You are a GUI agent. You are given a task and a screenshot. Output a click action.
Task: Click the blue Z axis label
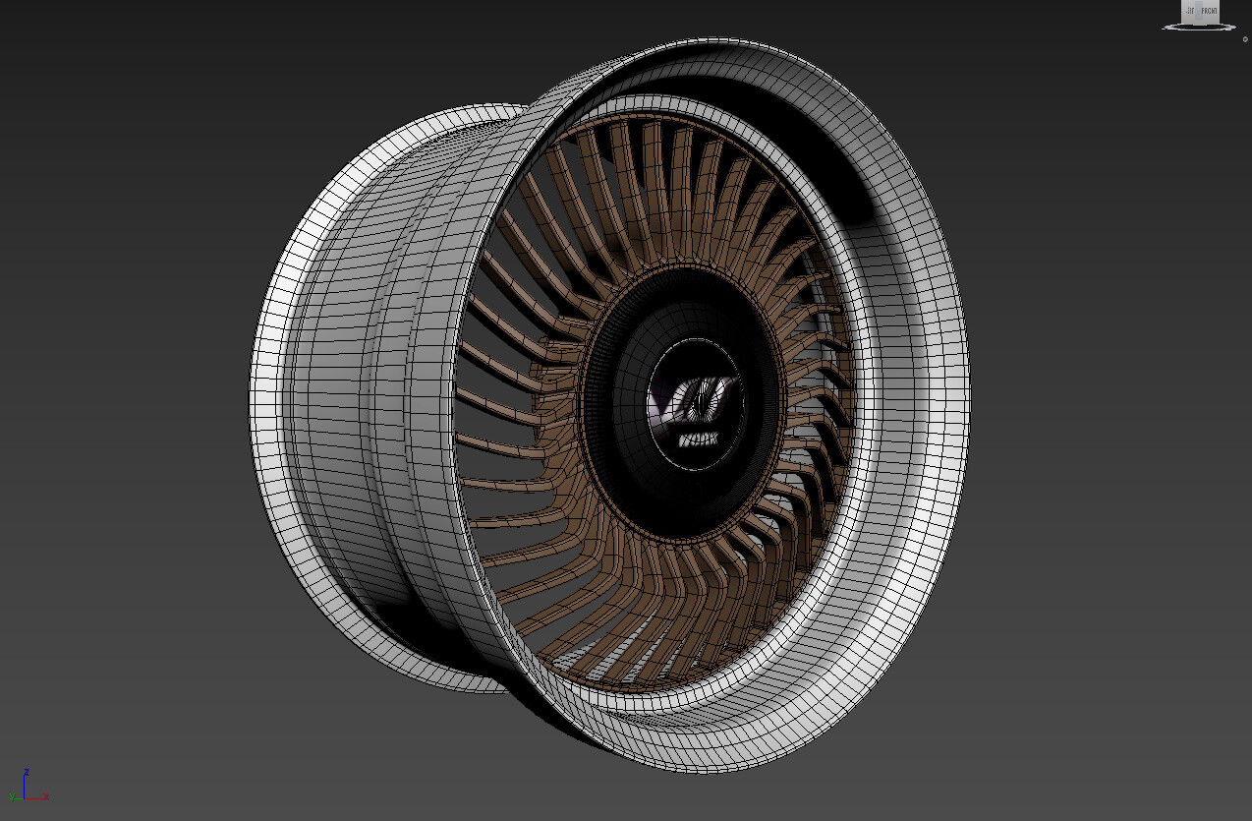(x=27, y=772)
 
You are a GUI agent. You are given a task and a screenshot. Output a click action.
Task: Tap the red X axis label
(x=46, y=797)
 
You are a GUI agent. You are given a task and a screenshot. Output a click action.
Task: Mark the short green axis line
(x=19, y=796)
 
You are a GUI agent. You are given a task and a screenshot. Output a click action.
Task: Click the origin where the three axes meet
(x=26, y=796)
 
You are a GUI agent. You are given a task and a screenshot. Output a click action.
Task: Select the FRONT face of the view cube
(x=1209, y=12)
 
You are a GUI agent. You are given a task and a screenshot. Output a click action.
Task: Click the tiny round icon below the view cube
(x=1245, y=39)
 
